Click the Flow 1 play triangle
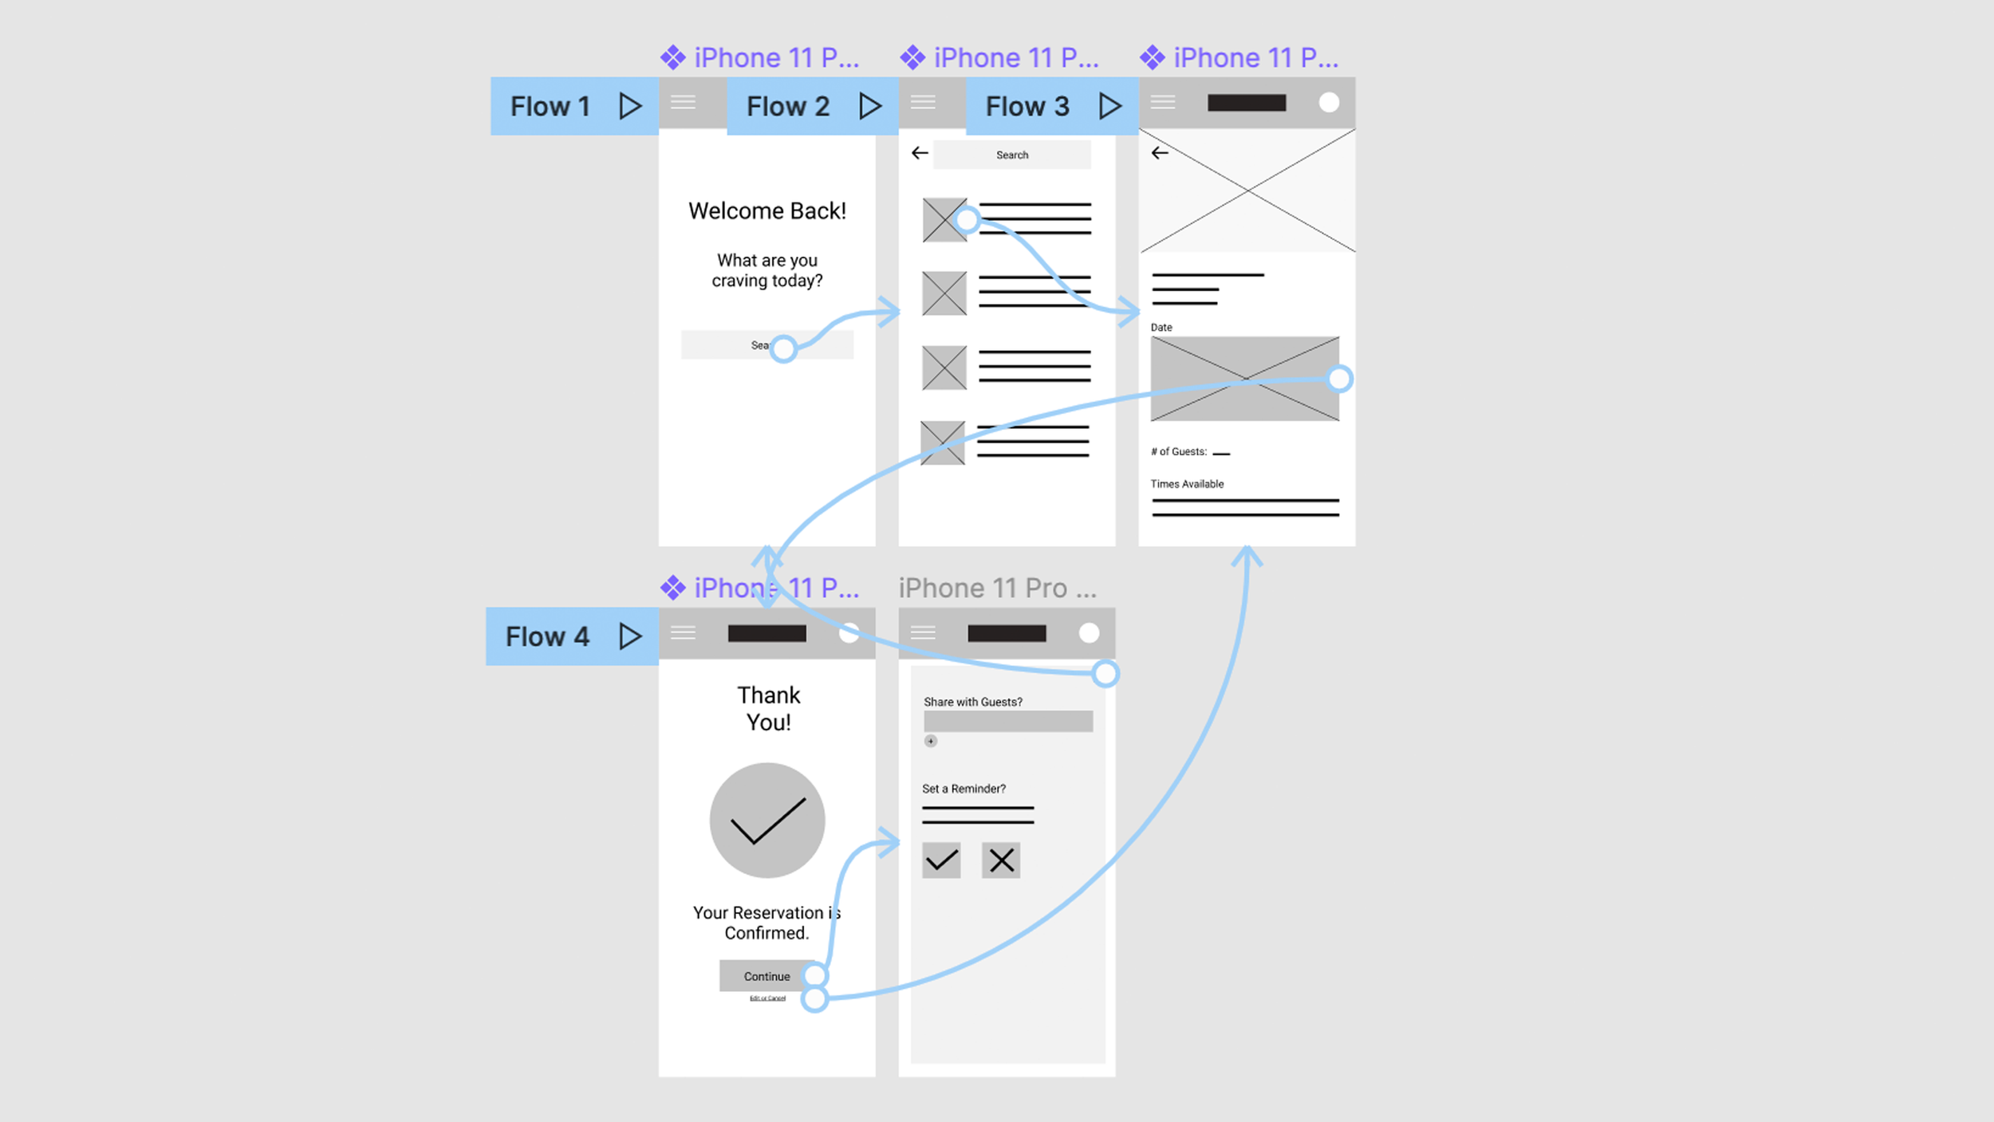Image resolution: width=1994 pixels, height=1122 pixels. coord(630,106)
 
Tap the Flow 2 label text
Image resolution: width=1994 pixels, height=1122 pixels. coord(787,106)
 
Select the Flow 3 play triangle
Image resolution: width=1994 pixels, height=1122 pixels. coord(1109,106)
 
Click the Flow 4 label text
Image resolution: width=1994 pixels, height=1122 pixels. coord(547,636)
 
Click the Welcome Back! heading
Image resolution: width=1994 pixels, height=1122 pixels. coord(766,211)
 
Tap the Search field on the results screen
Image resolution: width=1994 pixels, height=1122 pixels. coord(1011,155)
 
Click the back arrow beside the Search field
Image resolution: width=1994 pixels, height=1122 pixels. coord(920,153)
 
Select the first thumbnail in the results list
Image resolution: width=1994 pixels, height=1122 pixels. coord(944,220)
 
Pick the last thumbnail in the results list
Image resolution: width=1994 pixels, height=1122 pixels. coord(942,443)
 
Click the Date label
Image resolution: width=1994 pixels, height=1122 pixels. coord(1161,327)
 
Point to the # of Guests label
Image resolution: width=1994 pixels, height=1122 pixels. coord(1178,451)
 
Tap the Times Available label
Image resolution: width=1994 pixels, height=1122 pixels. coord(1186,484)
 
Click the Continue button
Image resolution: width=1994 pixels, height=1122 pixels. coord(766,976)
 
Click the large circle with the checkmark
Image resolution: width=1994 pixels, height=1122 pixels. coord(766,821)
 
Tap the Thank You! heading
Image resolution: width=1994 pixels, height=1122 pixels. coord(768,708)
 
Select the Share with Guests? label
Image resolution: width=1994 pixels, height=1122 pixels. coord(972,702)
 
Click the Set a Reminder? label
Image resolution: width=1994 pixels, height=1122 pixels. coord(964,789)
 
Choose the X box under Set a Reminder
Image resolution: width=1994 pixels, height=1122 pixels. coord(1001,860)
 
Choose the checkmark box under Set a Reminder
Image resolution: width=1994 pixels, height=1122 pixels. coord(941,860)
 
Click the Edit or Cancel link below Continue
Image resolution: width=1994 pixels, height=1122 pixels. coord(767,998)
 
